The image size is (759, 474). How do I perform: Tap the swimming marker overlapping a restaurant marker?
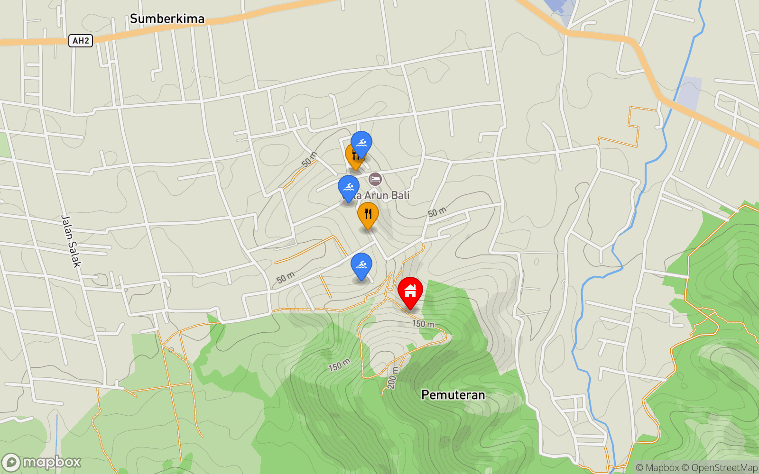[x=361, y=143]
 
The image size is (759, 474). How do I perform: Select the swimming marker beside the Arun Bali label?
[x=349, y=187]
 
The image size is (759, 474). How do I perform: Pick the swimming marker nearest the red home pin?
[x=361, y=265]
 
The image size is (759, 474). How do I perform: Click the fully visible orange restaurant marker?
[x=368, y=214]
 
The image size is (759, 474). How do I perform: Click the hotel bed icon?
[x=375, y=179]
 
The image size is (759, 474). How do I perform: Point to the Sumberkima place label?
[x=167, y=19]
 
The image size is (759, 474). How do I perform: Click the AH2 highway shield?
[x=81, y=41]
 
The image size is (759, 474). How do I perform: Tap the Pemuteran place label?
[x=453, y=395]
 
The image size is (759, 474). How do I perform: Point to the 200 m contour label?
[x=392, y=378]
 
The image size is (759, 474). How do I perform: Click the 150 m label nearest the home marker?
[x=423, y=324]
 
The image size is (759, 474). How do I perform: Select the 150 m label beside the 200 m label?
[x=339, y=365]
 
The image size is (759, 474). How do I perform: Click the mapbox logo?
[x=42, y=462]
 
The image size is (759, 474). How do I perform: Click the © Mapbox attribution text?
[x=657, y=468]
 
